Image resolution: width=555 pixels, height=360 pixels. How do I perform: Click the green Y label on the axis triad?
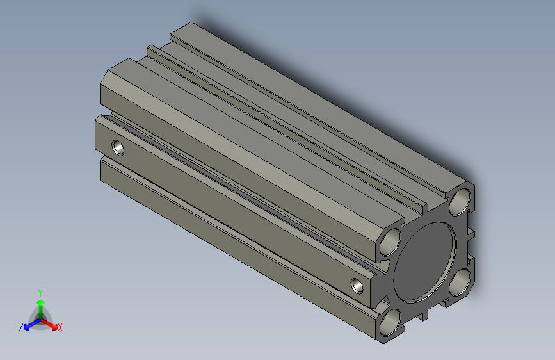coord(40,293)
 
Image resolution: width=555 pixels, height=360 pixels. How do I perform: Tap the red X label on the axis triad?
coord(60,327)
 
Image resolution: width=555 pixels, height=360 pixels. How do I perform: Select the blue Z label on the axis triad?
coord(21,327)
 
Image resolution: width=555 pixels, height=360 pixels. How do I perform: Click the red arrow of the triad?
coord(49,324)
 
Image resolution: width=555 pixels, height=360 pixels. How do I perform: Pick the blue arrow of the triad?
coord(33,324)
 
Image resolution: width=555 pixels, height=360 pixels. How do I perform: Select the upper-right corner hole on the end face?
coord(460,202)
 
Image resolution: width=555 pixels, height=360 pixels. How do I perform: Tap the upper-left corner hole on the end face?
coord(390,242)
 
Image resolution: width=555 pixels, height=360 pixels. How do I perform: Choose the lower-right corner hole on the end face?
coord(460,282)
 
